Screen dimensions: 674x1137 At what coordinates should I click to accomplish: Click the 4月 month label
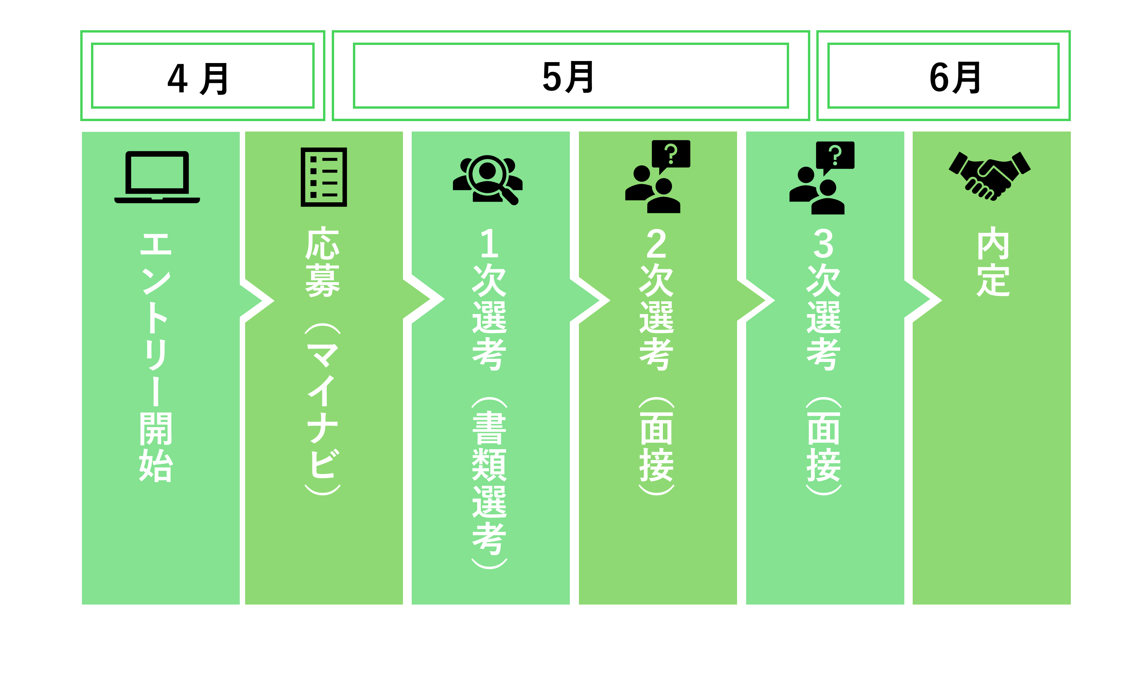click(x=198, y=78)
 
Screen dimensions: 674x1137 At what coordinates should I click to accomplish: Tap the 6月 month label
click(x=955, y=77)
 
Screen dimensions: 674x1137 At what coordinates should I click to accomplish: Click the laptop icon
click(x=157, y=177)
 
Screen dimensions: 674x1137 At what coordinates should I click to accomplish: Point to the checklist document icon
click(x=324, y=177)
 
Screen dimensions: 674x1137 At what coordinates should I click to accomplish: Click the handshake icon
click(x=989, y=176)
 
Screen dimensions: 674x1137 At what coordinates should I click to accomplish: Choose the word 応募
click(x=323, y=262)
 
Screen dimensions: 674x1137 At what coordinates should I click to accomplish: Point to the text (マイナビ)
click(x=323, y=409)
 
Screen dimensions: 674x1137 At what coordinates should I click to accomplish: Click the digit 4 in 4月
click(x=178, y=78)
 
